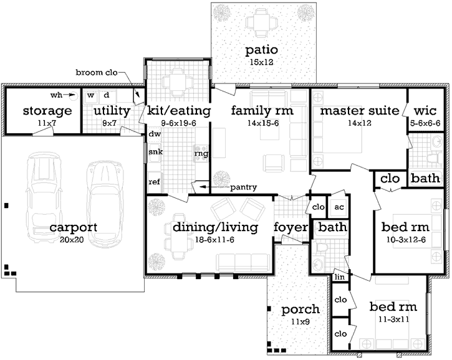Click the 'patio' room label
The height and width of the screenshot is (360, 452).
tap(262, 50)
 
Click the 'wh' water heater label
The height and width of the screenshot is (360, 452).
tap(57, 96)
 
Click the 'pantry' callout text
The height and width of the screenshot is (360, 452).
tap(243, 187)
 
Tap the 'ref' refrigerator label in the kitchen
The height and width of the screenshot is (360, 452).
tap(153, 182)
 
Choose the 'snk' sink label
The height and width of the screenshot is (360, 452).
tap(154, 151)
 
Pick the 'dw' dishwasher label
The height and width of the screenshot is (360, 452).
tap(153, 134)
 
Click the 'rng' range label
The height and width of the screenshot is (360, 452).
tap(201, 153)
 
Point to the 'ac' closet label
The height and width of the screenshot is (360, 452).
tap(339, 207)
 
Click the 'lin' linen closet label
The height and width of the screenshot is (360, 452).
tap(339, 277)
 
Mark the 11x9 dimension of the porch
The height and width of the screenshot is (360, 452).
tap(300, 322)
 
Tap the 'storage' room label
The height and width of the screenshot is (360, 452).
tap(47, 111)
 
